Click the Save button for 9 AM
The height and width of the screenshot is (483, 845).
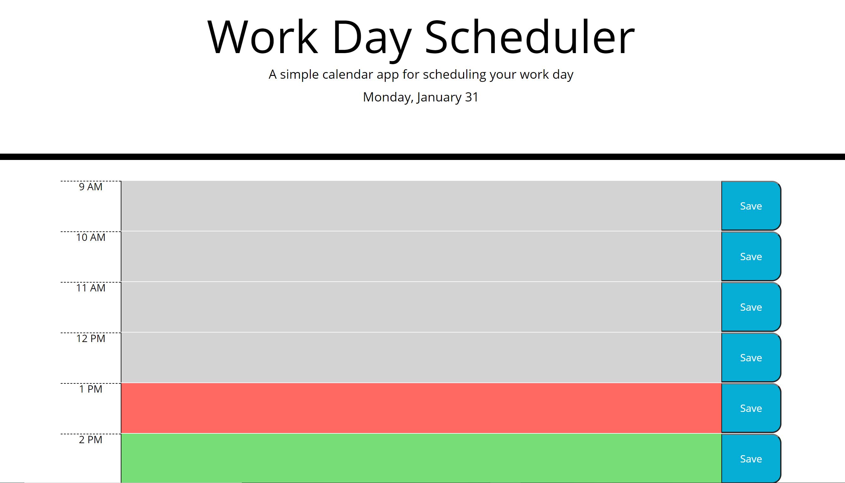(x=751, y=206)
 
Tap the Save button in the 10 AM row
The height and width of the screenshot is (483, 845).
(x=751, y=256)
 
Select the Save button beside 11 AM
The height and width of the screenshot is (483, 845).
(x=751, y=307)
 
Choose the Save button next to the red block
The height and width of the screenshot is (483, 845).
(x=751, y=408)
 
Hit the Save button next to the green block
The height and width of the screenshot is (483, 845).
(x=751, y=458)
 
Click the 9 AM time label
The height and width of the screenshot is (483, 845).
(x=91, y=187)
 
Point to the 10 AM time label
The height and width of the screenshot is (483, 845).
(x=91, y=237)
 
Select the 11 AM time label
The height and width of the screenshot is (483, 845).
(x=91, y=288)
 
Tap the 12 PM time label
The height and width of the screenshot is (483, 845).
(x=91, y=338)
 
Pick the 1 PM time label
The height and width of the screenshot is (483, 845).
(x=91, y=389)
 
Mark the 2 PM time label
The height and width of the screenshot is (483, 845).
(x=91, y=440)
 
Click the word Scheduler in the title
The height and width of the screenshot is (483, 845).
(x=530, y=37)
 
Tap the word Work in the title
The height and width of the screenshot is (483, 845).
(x=263, y=37)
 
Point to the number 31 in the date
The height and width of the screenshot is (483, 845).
(x=472, y=97)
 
